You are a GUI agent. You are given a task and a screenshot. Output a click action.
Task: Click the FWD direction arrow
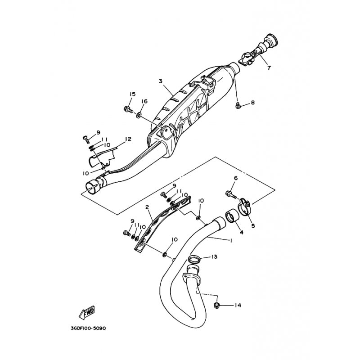tap(87, 313)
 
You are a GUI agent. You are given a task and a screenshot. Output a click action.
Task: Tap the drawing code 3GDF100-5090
tap(88, 328)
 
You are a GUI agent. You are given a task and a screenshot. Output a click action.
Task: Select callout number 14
tap(238, 306)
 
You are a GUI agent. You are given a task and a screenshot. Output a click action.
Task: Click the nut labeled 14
tap(216, 305)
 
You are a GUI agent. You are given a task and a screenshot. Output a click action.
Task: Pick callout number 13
tap(214, 256)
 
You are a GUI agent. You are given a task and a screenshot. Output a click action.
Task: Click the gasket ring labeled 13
tap(194, 260)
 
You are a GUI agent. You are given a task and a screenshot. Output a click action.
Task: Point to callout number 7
tap(269, 68)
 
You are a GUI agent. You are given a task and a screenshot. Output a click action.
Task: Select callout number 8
tap(252, 103)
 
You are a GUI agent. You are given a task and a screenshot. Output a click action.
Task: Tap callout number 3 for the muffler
tap(161, 81)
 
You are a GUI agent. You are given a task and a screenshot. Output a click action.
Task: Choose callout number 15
tap(132, 94)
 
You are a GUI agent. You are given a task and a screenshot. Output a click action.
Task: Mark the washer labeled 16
tap(139, 115)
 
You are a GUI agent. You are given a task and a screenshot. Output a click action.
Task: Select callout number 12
tap(128, 139)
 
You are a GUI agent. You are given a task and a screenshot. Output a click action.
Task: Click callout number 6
tap(235, 178)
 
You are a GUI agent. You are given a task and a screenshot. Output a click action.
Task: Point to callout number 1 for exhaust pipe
tap(231, 240)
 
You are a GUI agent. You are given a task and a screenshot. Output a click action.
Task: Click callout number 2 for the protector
tap(147, 207)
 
